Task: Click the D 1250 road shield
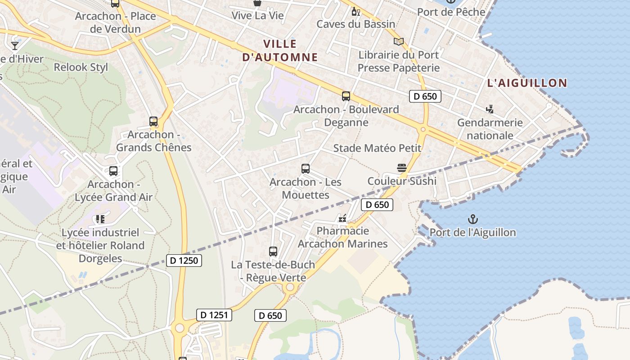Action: [x=184, y=260]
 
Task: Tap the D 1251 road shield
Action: [x=214, y=315]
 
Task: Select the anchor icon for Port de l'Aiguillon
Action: [x=472, y=220]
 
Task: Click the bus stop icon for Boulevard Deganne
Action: [x=346, y=96]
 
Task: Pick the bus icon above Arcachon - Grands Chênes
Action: [x=153, y=121]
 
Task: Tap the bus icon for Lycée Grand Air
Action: [x=113, y=171]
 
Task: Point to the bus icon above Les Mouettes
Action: [x=306, y=169]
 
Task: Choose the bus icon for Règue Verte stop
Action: [x=273, y=251]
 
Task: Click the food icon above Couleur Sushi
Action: [x=402, y=168]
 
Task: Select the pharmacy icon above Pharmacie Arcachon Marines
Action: [x=343, y=218]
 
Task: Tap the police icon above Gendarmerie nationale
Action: [x=490, y=109]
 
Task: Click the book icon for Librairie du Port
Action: [x=398, y=42]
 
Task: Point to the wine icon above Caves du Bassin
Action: [x=355, y=11]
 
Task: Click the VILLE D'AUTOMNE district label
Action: [x=280, y=50]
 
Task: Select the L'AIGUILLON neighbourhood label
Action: [x=527, y=83]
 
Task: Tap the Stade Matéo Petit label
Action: [x=377, y=148]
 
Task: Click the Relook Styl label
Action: [x=81, y=67]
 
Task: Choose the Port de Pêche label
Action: [x=451, y=12]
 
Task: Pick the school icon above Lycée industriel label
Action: [x=100, y=219]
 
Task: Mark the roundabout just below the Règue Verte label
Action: [x=290, y=287]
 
